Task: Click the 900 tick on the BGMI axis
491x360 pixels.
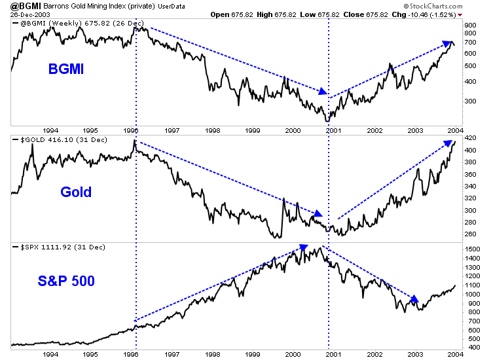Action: pos(469,25)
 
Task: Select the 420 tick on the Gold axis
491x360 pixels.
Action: pos(469,138)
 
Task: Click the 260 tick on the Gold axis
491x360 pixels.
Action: pos(469,234)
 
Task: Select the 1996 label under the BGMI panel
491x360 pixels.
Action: pos(131,130)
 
